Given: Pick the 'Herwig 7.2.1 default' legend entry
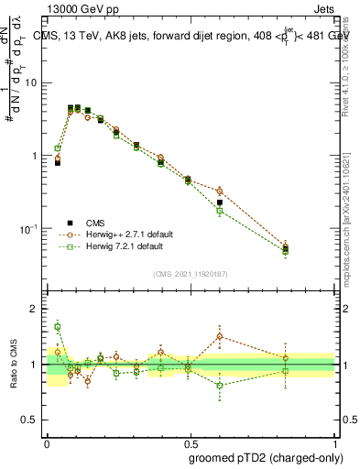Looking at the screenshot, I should (x=124, y=246).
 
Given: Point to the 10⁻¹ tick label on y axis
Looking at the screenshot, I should (x=30, y=228).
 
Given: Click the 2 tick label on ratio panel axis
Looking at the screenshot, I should (x=35, y=310).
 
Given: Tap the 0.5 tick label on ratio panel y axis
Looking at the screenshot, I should (x=30, y=420).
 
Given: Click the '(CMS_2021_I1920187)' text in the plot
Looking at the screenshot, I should (x=190, y=274).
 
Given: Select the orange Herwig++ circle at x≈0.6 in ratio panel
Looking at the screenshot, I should (x=219, y=336).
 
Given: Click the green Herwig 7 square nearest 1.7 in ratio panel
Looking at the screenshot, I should (x=58, y=326).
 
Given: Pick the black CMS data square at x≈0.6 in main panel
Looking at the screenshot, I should (x=219, y=202).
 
